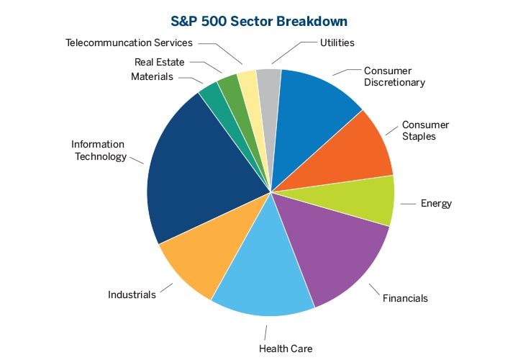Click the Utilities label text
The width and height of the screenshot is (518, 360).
(x=337, y=42)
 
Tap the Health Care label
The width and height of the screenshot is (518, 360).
(x=286, y=349)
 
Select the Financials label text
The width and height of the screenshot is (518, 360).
(x=405, y=297)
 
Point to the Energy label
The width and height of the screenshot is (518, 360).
(x=436, y=204)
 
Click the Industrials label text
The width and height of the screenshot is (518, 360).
(x=132, y=294)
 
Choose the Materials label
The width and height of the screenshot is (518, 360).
(x=152, y=76)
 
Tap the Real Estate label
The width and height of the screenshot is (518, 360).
(x=159, y=62)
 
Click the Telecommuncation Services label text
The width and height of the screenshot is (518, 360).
(x=129, y=42)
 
